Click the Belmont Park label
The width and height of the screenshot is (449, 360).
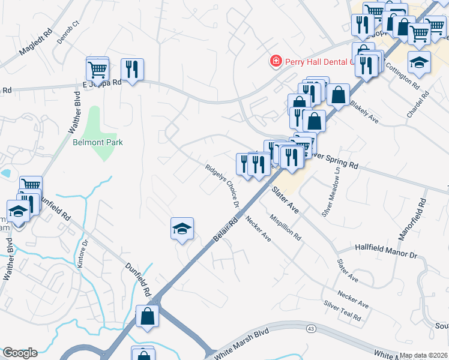point(98,142)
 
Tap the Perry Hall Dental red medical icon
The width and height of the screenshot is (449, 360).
point(276,61)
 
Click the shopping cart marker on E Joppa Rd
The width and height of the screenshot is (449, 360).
point(97,69)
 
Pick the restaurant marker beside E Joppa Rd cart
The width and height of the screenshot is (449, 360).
point(131,70)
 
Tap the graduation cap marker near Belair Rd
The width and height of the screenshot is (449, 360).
point(182,229)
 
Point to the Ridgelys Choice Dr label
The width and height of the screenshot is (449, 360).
point(222,186)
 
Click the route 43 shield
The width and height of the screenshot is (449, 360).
point(310,329)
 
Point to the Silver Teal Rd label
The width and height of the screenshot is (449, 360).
point(342,310)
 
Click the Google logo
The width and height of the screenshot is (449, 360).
point(20,353)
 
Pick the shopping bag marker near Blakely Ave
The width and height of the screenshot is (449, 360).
point(339,95)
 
